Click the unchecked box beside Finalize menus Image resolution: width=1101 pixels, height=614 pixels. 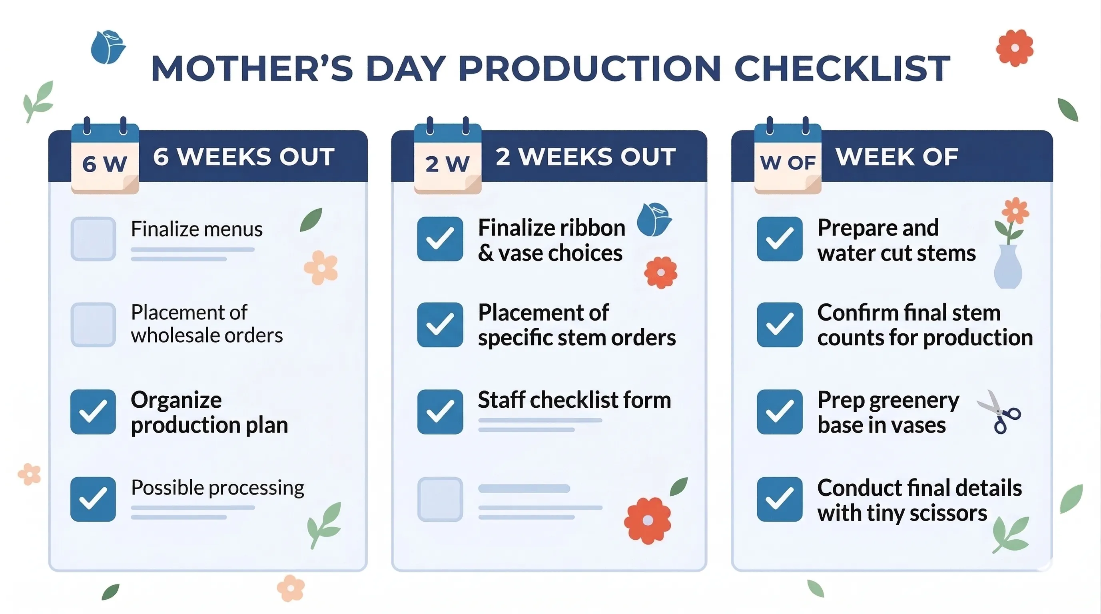[93, 239]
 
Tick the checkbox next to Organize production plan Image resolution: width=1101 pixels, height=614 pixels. [93, 411]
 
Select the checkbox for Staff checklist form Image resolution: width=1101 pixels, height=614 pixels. [440, 411]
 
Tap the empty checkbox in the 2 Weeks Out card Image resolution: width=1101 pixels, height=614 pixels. [440, 499]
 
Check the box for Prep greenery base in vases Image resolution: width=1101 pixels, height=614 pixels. [779, 411]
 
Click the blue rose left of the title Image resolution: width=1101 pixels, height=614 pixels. [108, 47]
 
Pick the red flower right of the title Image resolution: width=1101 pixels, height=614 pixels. [1014, 48]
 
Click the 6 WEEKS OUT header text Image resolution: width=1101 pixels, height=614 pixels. [243, 157]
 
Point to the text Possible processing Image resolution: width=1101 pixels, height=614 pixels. [217, 488]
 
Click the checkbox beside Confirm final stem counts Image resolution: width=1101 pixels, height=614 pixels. [779, 325]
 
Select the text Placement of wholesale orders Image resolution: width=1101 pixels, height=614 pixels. [207, 324]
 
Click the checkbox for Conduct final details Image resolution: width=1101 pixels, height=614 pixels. [779, 499]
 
